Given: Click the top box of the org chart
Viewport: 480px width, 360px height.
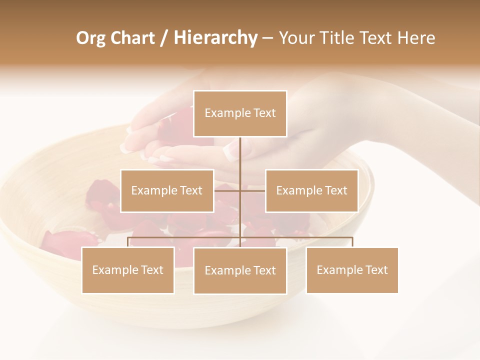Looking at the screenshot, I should click(x=240, y=113).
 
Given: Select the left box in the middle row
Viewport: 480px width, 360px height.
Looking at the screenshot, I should click(x=167, y=190).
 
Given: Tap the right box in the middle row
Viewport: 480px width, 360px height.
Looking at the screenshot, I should click(x=311, y=190).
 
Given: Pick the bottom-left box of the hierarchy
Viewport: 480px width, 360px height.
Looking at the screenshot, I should click(x=128, y=270).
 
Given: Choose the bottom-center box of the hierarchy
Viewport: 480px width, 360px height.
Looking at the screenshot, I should click(x=240, y=270).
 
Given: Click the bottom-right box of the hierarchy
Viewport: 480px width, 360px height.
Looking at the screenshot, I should click(x=352, y=270).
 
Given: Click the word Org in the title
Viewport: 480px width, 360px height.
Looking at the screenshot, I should click(x=90, y=38).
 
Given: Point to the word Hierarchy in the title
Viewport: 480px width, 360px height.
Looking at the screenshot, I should click(x=215, y=38).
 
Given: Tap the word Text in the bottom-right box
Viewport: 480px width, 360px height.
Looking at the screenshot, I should click(x=376, y=270).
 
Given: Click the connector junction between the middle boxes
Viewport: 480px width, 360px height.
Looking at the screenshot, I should click(x=240, y=190).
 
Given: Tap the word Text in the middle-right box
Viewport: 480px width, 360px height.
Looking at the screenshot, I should click(x=335, y=190).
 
